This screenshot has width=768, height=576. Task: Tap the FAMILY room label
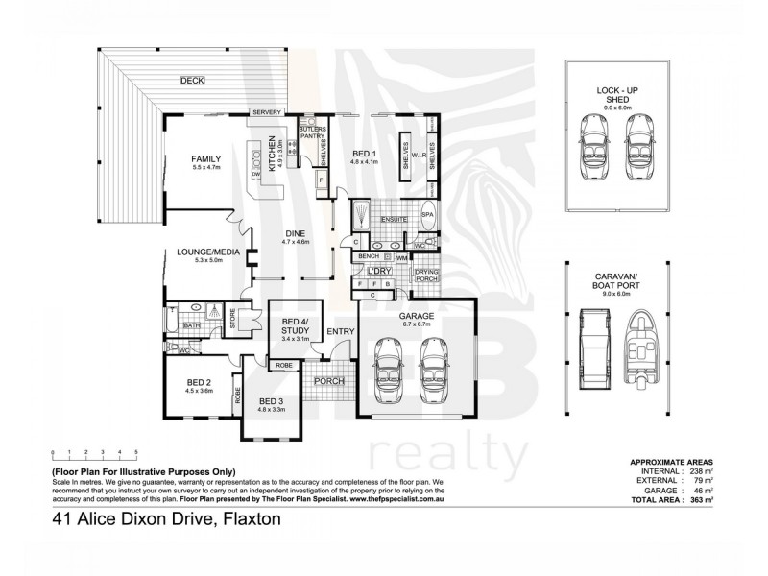206,158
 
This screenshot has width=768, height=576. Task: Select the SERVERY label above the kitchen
267,112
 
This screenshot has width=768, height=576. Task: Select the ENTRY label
340,331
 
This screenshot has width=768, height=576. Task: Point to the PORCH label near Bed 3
329,380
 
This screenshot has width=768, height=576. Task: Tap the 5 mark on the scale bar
136,450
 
